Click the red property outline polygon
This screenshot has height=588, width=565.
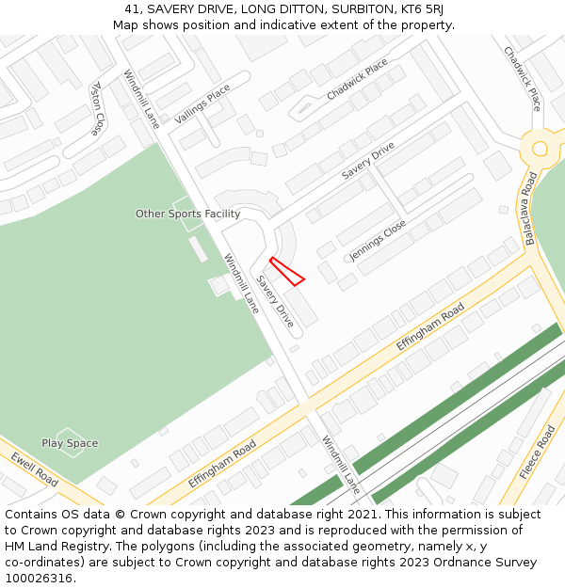[286, 270]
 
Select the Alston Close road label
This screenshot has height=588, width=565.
[97, 107]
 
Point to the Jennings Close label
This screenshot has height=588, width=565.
[378, 241]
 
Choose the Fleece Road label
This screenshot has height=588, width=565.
[537, 453]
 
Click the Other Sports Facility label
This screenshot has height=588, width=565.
[187, 214]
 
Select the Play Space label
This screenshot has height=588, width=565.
[70, 443]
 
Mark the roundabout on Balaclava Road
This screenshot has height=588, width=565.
[541, 148]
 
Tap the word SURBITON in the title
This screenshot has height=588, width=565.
[344, 9]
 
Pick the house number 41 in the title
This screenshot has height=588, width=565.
[132, 9]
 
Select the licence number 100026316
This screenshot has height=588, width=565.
[39, 579]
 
